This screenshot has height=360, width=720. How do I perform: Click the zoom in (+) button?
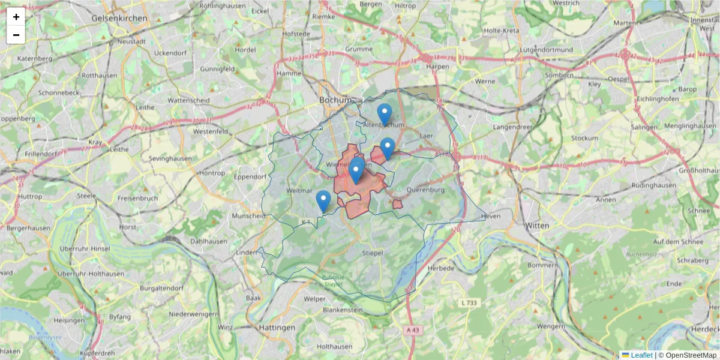click(x=16, y=17)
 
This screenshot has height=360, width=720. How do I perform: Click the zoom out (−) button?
click(x=16, y=35)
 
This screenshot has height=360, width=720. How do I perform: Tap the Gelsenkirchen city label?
click(x=119, y=19)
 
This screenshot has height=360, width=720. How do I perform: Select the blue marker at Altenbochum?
click(x=385, y=114)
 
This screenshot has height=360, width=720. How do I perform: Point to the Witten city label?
click(x=537, y=225)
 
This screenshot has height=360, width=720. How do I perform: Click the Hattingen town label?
click(x=277, y=328)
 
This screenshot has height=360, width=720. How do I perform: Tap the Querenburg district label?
click(x=425, y=190)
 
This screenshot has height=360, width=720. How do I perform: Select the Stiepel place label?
click(x=373, y=254)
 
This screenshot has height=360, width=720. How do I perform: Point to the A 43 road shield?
click(x=412, y=330)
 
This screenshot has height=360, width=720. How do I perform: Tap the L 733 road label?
click(x=470, y=304)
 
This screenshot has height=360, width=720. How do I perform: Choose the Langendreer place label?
click(x=512, y=127)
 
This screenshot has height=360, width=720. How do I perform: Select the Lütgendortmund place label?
click(x=544, y=49)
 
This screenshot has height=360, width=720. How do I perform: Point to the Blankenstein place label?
click(x=343, y=310)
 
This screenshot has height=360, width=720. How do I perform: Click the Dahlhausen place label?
click(x=208, y=241)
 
